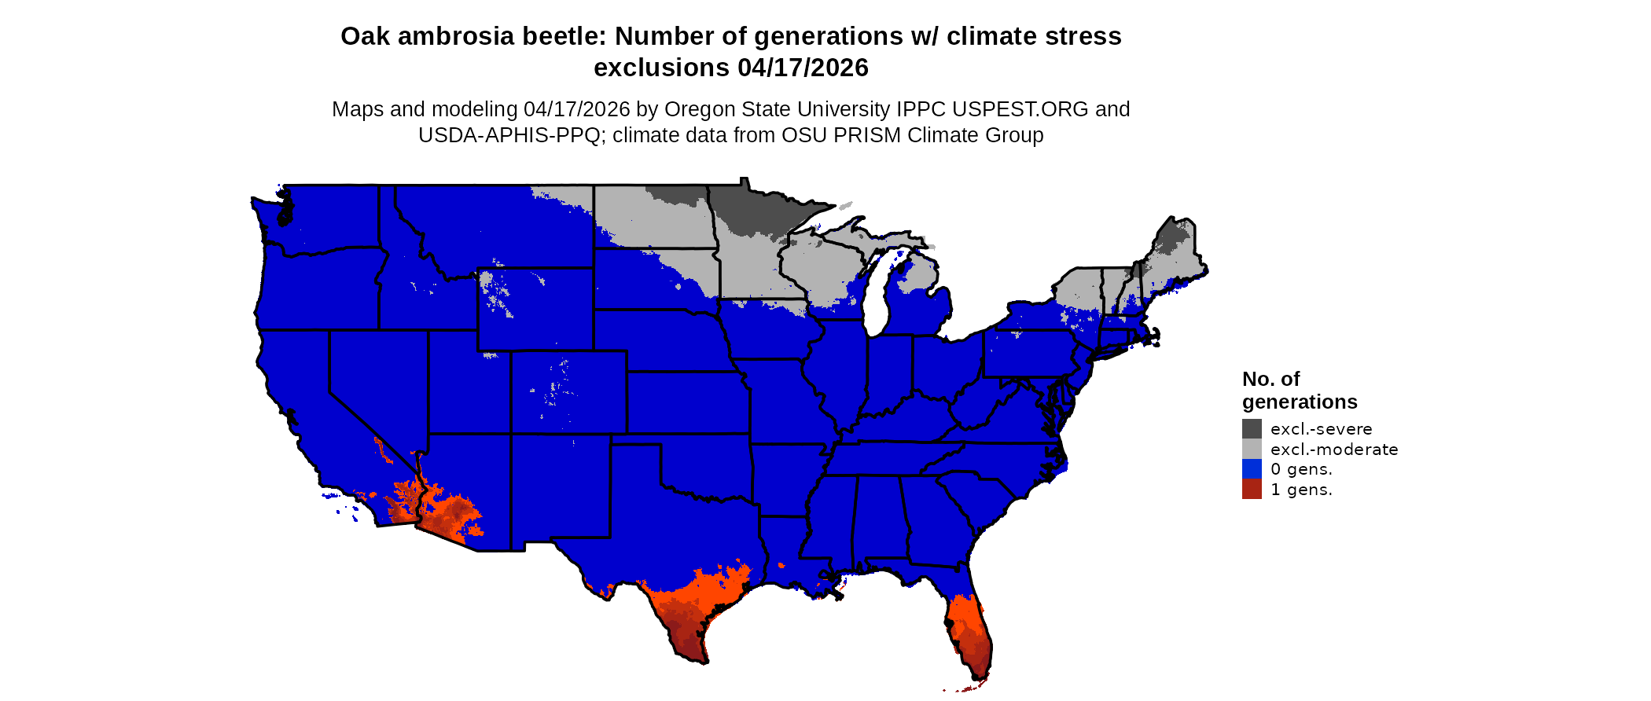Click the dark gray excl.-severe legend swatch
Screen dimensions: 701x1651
click(x=1252, y=428)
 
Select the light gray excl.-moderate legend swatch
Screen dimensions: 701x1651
click(x=1252, y=449)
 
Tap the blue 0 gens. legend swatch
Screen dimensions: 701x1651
click(x=1252, y=469)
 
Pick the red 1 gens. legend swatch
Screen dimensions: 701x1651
click(x=1252, y=489)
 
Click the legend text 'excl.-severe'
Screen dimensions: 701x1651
click(x=1321, y=429)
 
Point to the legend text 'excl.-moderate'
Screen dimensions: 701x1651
click(x=1334, y=450)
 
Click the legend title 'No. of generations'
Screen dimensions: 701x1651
click(x=1299, y=391)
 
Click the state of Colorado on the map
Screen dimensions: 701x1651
click(x=568, y=392)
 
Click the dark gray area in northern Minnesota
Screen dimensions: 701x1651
click(x=755, y=208)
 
